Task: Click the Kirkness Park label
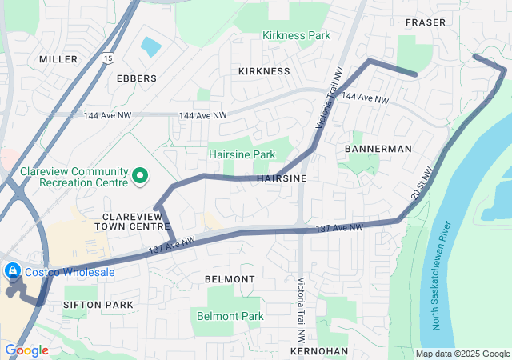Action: [x=297, y=36]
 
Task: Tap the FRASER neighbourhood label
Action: [x=426, y=22]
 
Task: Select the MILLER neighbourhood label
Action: [x=58, y=59]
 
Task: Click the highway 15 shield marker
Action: [x=108, y=58]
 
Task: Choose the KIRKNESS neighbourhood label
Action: [x=264, y=71]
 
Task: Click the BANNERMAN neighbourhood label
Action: [x=378, y=149]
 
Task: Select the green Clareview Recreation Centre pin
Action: [x=141, y=175]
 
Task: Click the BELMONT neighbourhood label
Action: [x=230, y=279]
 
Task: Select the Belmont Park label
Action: [x=230, y=316]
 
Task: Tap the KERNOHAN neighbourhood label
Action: [x=319, y=351]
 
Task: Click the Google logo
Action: [x=27, y=350]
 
